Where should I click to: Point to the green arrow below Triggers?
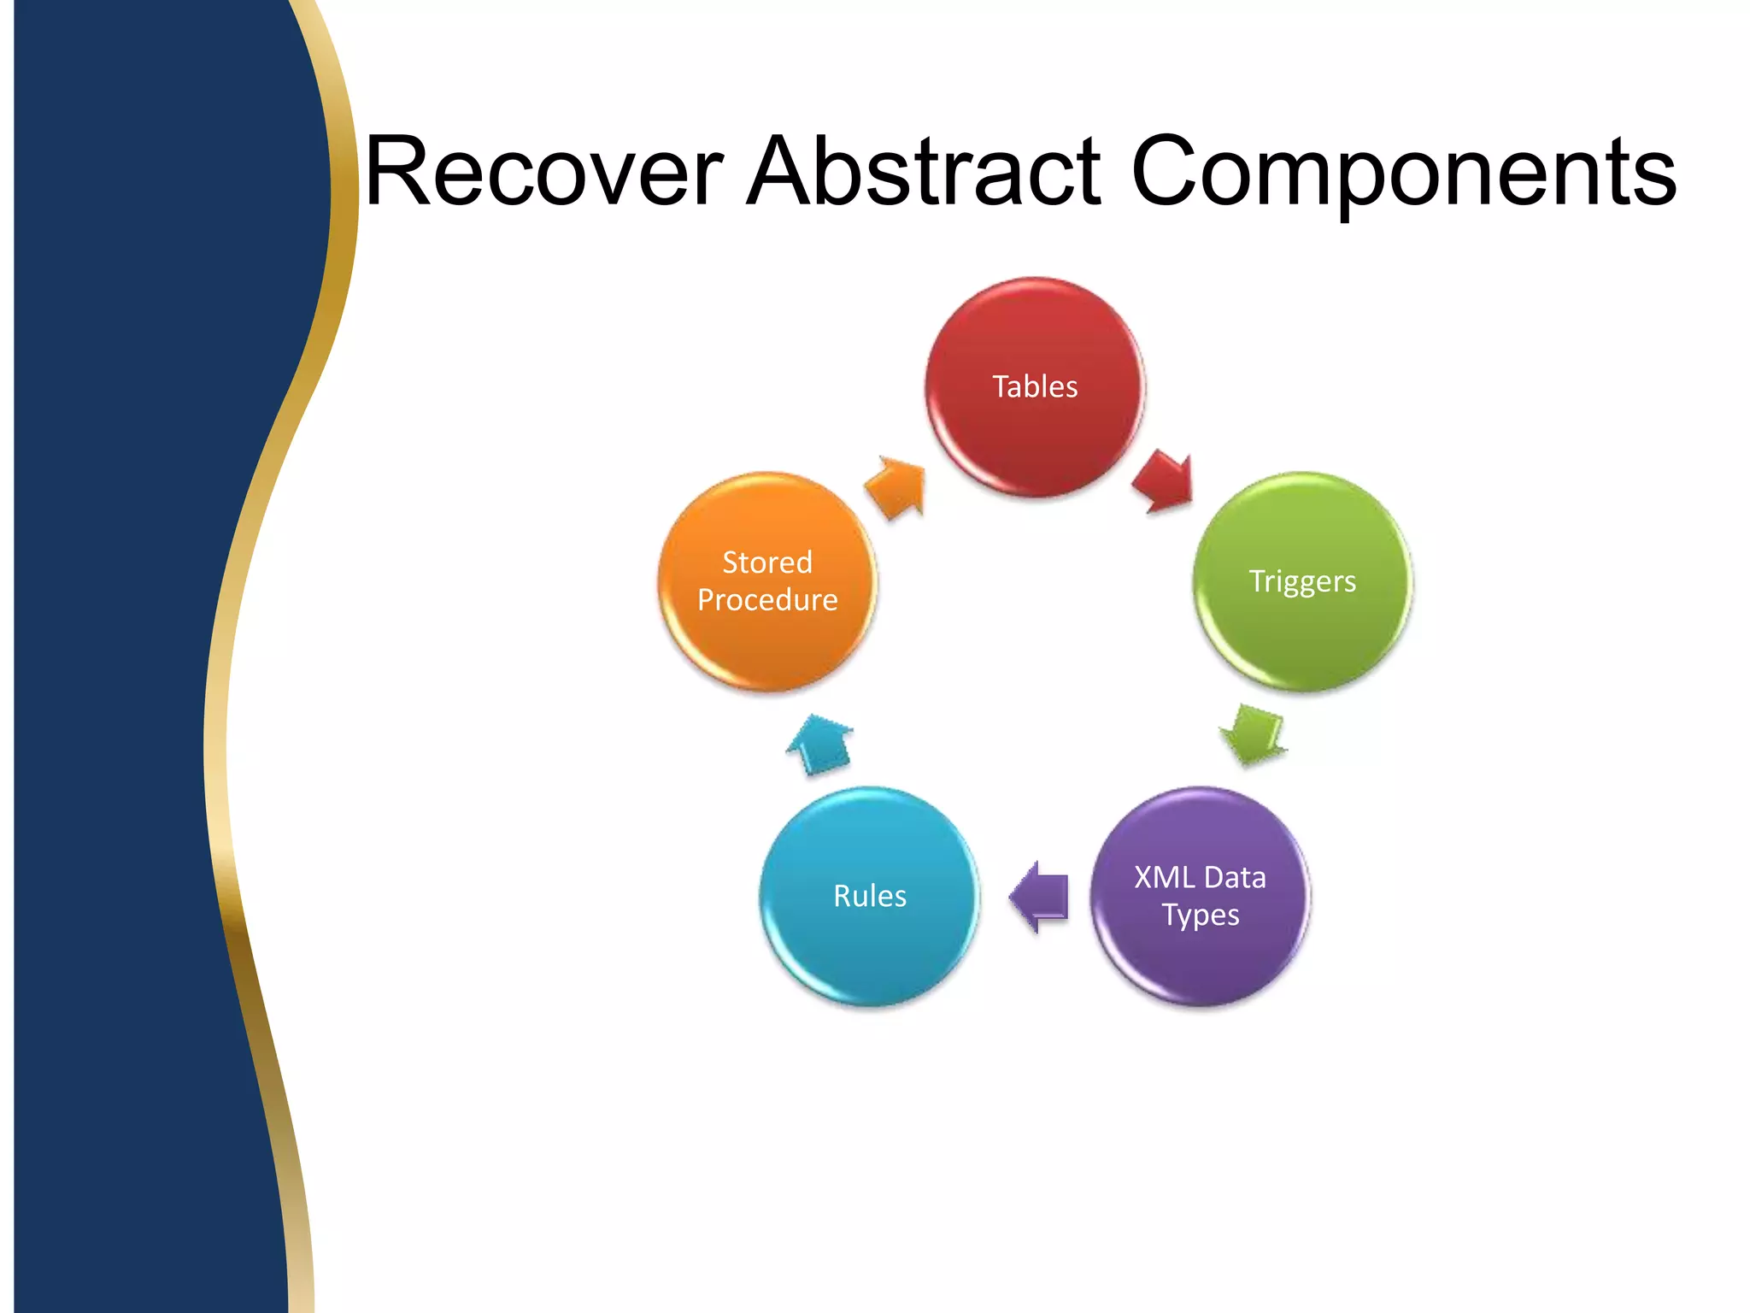point(1253,733)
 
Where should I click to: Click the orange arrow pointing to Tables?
point(896,487)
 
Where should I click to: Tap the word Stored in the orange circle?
point(766,562)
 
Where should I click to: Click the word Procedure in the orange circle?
point(766,600)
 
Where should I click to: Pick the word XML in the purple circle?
point(1164,878)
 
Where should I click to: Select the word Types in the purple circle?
point(1201,916)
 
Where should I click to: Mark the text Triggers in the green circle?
point(1302,581)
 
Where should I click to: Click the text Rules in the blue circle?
point(869,896)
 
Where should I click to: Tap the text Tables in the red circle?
point(1035,386)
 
